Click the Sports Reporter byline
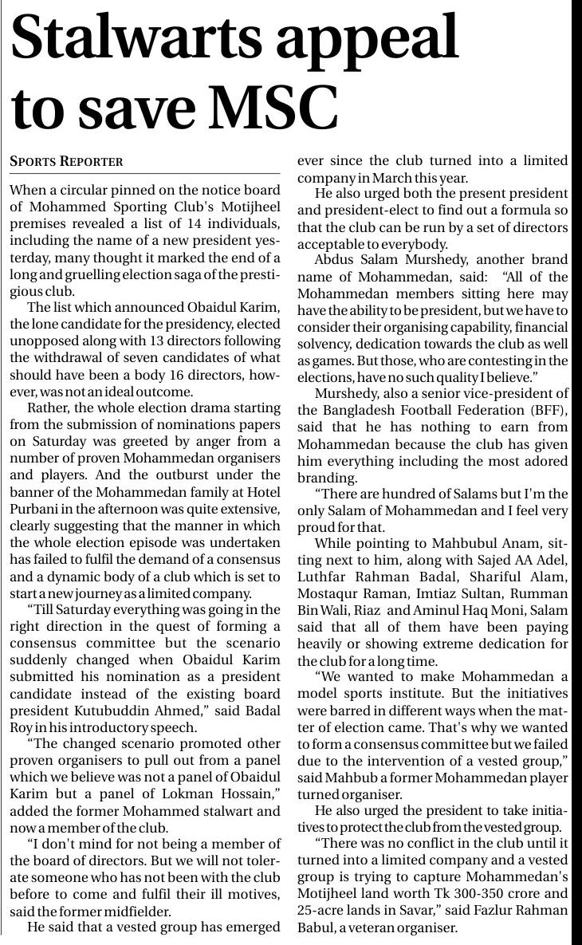pyautogui.click(x=66, y=162)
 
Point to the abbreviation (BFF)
pyautogui.click(x=551, y=410)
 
